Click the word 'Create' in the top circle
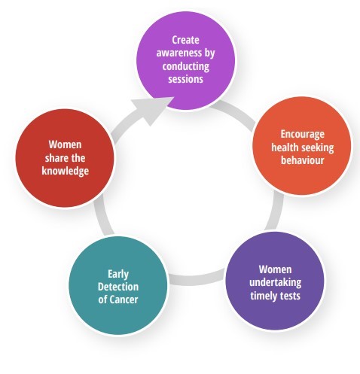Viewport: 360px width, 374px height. coord(185,40)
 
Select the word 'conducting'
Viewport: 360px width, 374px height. coord(186,66)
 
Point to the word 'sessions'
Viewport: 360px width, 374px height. coord(185,79)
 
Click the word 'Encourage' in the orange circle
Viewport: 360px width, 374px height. coord(302,134)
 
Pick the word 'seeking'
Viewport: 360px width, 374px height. coord(319,147)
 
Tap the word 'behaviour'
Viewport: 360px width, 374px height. coord(302,160)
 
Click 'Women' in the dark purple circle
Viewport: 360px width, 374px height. coord(276,269)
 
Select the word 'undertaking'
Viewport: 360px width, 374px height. coord(276,283)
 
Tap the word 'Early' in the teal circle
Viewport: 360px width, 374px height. coord(118,274)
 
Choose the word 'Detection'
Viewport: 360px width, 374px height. coord(118,287)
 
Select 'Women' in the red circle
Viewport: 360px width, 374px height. coord(65,144)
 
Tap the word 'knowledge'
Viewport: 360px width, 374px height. coord(66,172)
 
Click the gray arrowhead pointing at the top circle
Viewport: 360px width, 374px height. coord(151,111)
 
